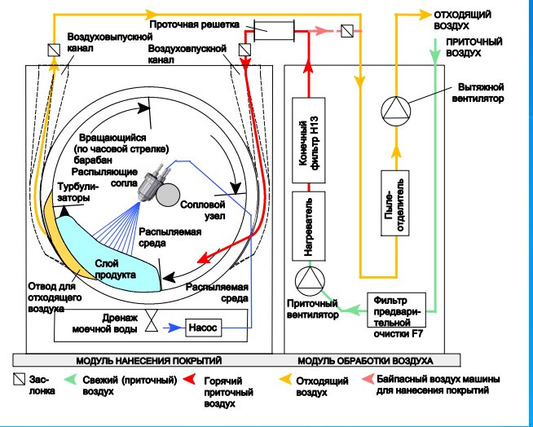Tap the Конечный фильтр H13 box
[x=309, y=144]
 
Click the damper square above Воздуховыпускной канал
[x=54, y=49]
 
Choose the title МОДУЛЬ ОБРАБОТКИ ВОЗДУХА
[x=364, y=359]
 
